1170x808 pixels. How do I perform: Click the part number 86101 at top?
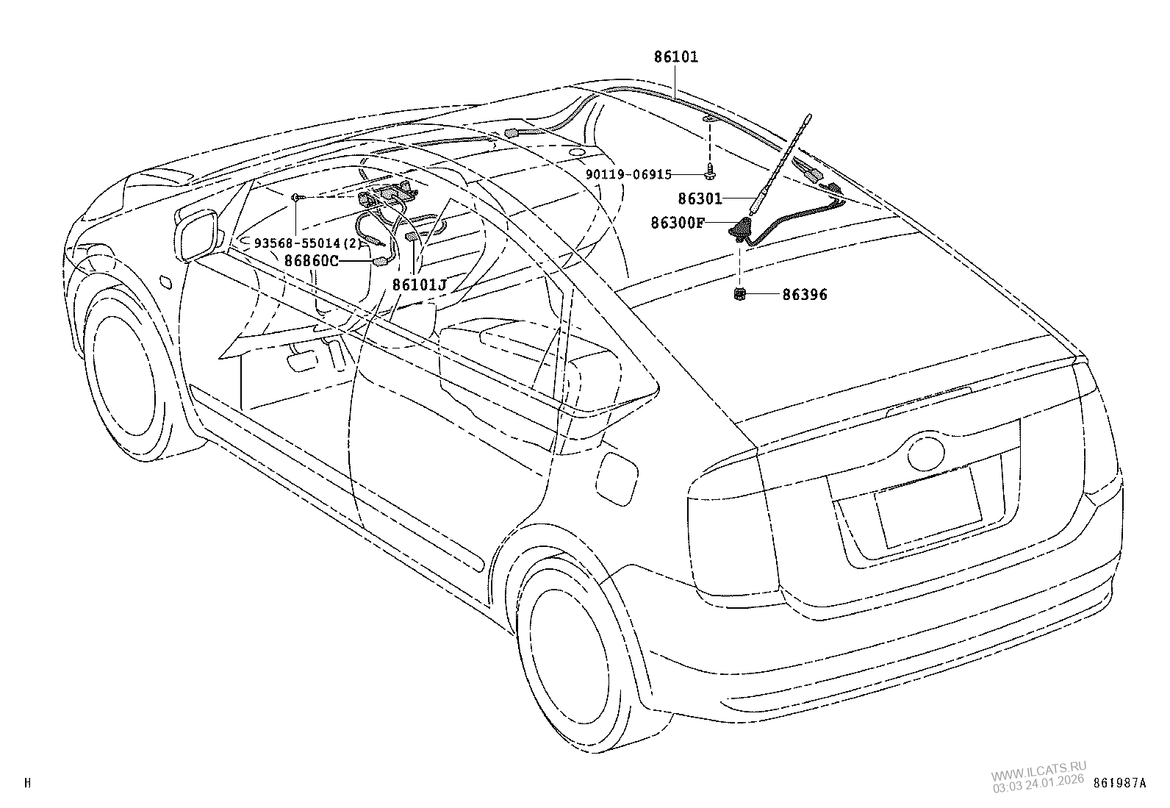pyautogui.click(x=675, y=57)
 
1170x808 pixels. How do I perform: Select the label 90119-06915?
pyautogui.click(x=628, y=174)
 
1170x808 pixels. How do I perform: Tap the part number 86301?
pyautogui.click(x=700, y=199)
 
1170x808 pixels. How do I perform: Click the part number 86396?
pyautogui.click(x=804, y=295)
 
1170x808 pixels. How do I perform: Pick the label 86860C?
pyautogui.click(x=312, y=260)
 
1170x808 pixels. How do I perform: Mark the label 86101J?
pyautogui.click(x=420, y=285)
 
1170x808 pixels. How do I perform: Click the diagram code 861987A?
pyautogui.click(x=1119, y=784)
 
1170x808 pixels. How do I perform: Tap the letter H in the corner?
pyautogui.click(x=28, y=784)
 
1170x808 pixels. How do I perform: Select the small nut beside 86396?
pyautogui.click(x=740, y=295)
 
